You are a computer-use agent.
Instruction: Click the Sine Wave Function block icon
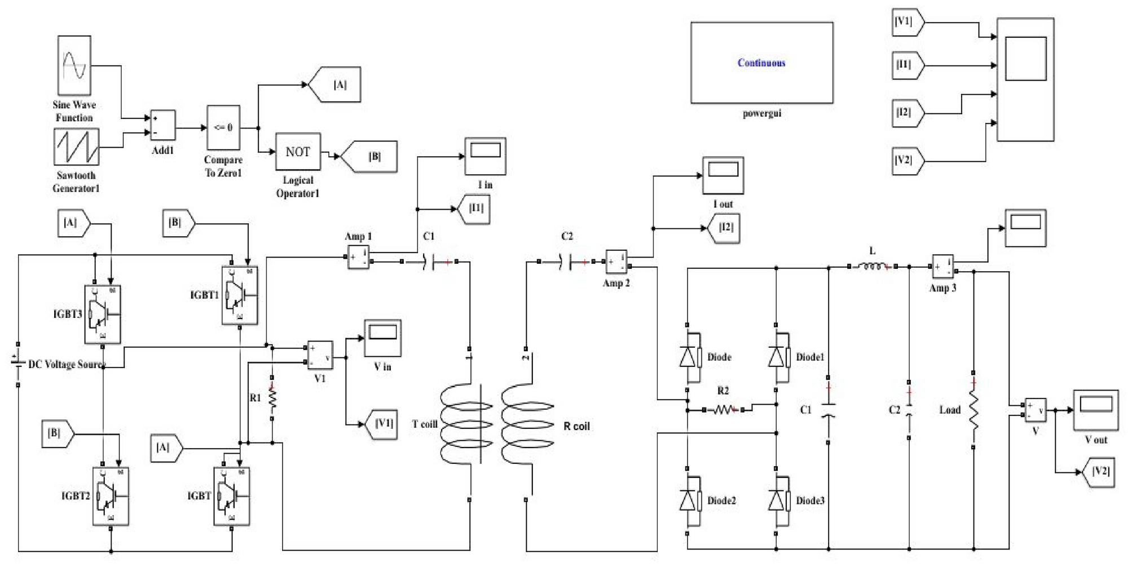pos(74,65)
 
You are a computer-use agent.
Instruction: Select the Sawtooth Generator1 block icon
pos(76,147)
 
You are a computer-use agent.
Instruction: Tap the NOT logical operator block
pos(298,152)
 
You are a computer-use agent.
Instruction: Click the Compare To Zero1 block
pos(223,127)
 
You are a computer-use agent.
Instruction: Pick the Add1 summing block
pos(163,125)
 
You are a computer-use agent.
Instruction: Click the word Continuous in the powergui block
pos(761,63)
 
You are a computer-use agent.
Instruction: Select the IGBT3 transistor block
pos(102,314)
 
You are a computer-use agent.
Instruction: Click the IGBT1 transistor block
pos(240,295)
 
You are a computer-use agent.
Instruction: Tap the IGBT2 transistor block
pos(111,496)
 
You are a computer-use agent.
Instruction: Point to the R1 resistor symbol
pos(272,398)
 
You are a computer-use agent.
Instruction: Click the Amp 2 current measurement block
pos(616,262)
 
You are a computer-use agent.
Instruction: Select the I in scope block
pos(485,156)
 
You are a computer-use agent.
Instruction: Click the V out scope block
pos(1095,410)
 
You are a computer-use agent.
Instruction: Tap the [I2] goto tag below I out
pos(725,228)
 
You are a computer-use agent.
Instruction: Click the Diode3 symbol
pos(779,500)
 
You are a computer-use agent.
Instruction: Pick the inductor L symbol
pos(872,266)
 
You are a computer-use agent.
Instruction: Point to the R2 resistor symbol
pos(723,410)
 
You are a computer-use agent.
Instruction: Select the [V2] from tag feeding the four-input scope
pos(907,161)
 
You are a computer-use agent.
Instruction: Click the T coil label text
pos(425,424)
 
